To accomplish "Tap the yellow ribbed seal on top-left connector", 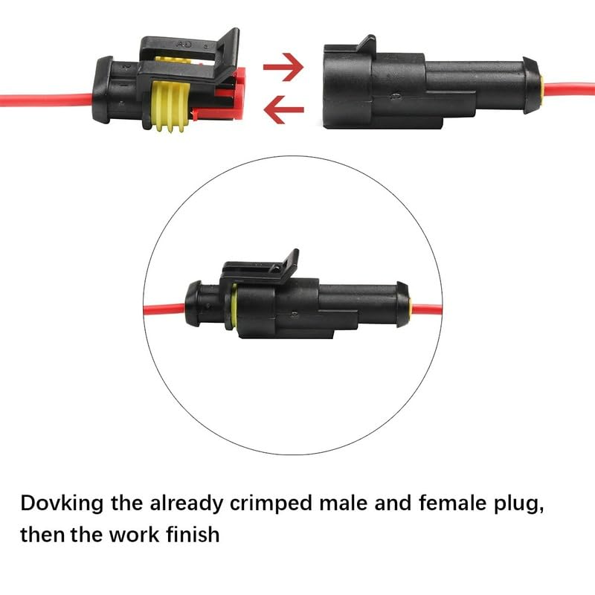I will pyautogui.click(x=170, y=107).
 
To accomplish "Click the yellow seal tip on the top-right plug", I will pyautogui.click(x=544, y=88).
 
